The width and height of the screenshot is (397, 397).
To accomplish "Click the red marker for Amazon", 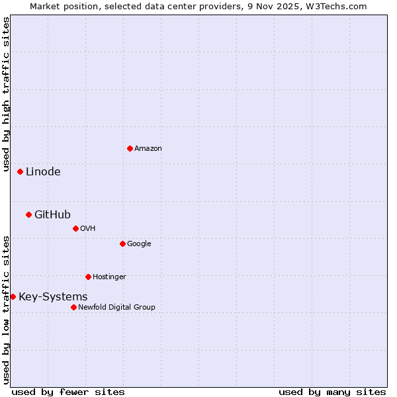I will [130, 148].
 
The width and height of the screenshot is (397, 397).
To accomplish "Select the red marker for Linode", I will [20, 171].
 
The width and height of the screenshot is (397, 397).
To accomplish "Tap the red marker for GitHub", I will [28, 214].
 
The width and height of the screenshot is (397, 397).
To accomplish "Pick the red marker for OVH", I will [75, 228].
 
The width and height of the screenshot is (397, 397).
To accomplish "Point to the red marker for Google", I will [122, 243].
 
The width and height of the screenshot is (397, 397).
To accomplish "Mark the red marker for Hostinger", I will [88, 277].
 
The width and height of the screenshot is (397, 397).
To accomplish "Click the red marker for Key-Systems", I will [13, 296].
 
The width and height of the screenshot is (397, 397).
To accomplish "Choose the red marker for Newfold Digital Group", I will [73, 307].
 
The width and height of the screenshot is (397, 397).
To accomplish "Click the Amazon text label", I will [148, 149].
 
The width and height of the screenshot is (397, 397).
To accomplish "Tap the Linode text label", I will [43, 172].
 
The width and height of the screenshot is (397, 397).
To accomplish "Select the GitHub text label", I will [52, 214].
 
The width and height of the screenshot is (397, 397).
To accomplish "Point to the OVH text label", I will [88, 229].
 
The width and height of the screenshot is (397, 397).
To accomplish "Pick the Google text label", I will [139, 244].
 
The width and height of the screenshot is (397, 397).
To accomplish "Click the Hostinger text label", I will [109, 277].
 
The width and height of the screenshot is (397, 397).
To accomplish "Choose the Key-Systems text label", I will [53, 297].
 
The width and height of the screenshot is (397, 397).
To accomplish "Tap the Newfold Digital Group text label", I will [116, 308].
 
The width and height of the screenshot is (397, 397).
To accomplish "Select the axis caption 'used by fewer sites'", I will [68, 392].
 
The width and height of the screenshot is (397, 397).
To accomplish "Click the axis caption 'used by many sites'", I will [332, 392].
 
